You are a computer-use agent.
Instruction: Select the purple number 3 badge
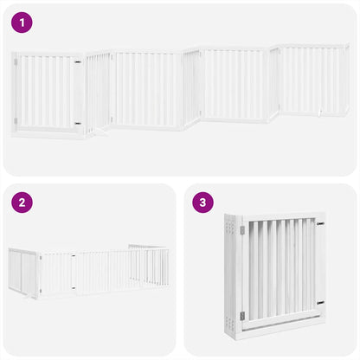click(202, 203)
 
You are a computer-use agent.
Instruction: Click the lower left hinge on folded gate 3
click(242, 315)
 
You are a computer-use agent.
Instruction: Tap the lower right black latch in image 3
click(320, 303)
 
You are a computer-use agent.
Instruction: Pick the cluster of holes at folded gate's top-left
click(232, 228)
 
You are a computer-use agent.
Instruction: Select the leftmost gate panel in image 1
click(48, 93)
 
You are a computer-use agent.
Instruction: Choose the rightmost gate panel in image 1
click(313, 82)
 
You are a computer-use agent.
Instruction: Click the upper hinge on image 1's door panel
click(78, 62)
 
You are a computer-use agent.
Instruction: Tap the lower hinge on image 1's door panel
click(78, 123)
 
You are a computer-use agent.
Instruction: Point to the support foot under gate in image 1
click(100, 132)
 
